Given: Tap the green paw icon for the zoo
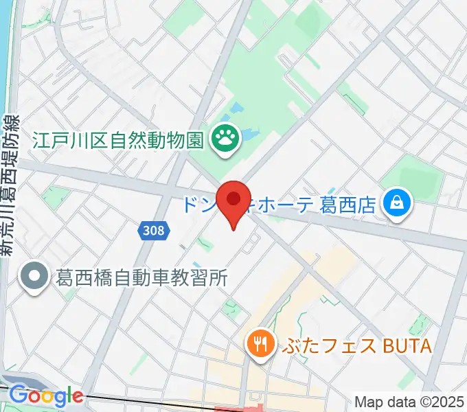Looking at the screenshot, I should pos(224,140).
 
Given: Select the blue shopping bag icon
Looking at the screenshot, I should pos(397,202).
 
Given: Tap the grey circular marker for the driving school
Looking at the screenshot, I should pos(32,277).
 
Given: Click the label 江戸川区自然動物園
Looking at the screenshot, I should pos(118,141).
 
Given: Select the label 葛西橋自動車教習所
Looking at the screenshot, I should pos(140,278).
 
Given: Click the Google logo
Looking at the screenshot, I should pos(45,396).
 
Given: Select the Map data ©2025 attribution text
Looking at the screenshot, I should pos(408,402).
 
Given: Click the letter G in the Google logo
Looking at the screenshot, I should pos(16,396).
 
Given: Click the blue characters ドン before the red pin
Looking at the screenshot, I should pos(198,204).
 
